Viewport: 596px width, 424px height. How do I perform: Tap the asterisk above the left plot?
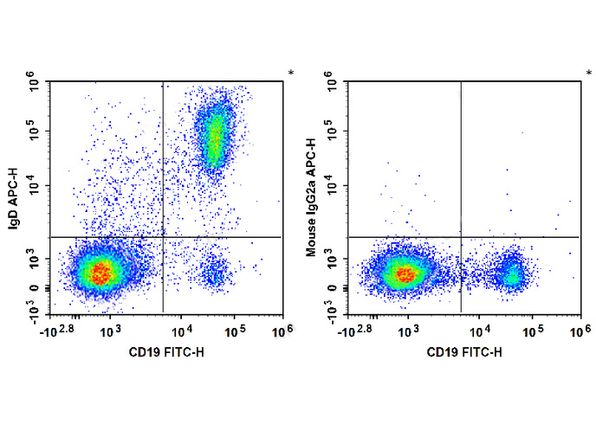tap(291, 74)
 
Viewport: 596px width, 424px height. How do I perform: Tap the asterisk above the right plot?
tap(589, 74)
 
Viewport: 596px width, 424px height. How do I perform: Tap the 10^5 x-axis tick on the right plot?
tap(534, 331)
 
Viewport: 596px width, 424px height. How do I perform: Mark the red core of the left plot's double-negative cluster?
tap(101, 273)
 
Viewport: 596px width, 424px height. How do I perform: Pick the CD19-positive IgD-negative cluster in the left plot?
tap(213, 274)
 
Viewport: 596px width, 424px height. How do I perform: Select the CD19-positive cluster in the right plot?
tap(512, 274)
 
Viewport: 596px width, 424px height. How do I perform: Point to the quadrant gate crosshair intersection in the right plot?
tap(461, 236)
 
